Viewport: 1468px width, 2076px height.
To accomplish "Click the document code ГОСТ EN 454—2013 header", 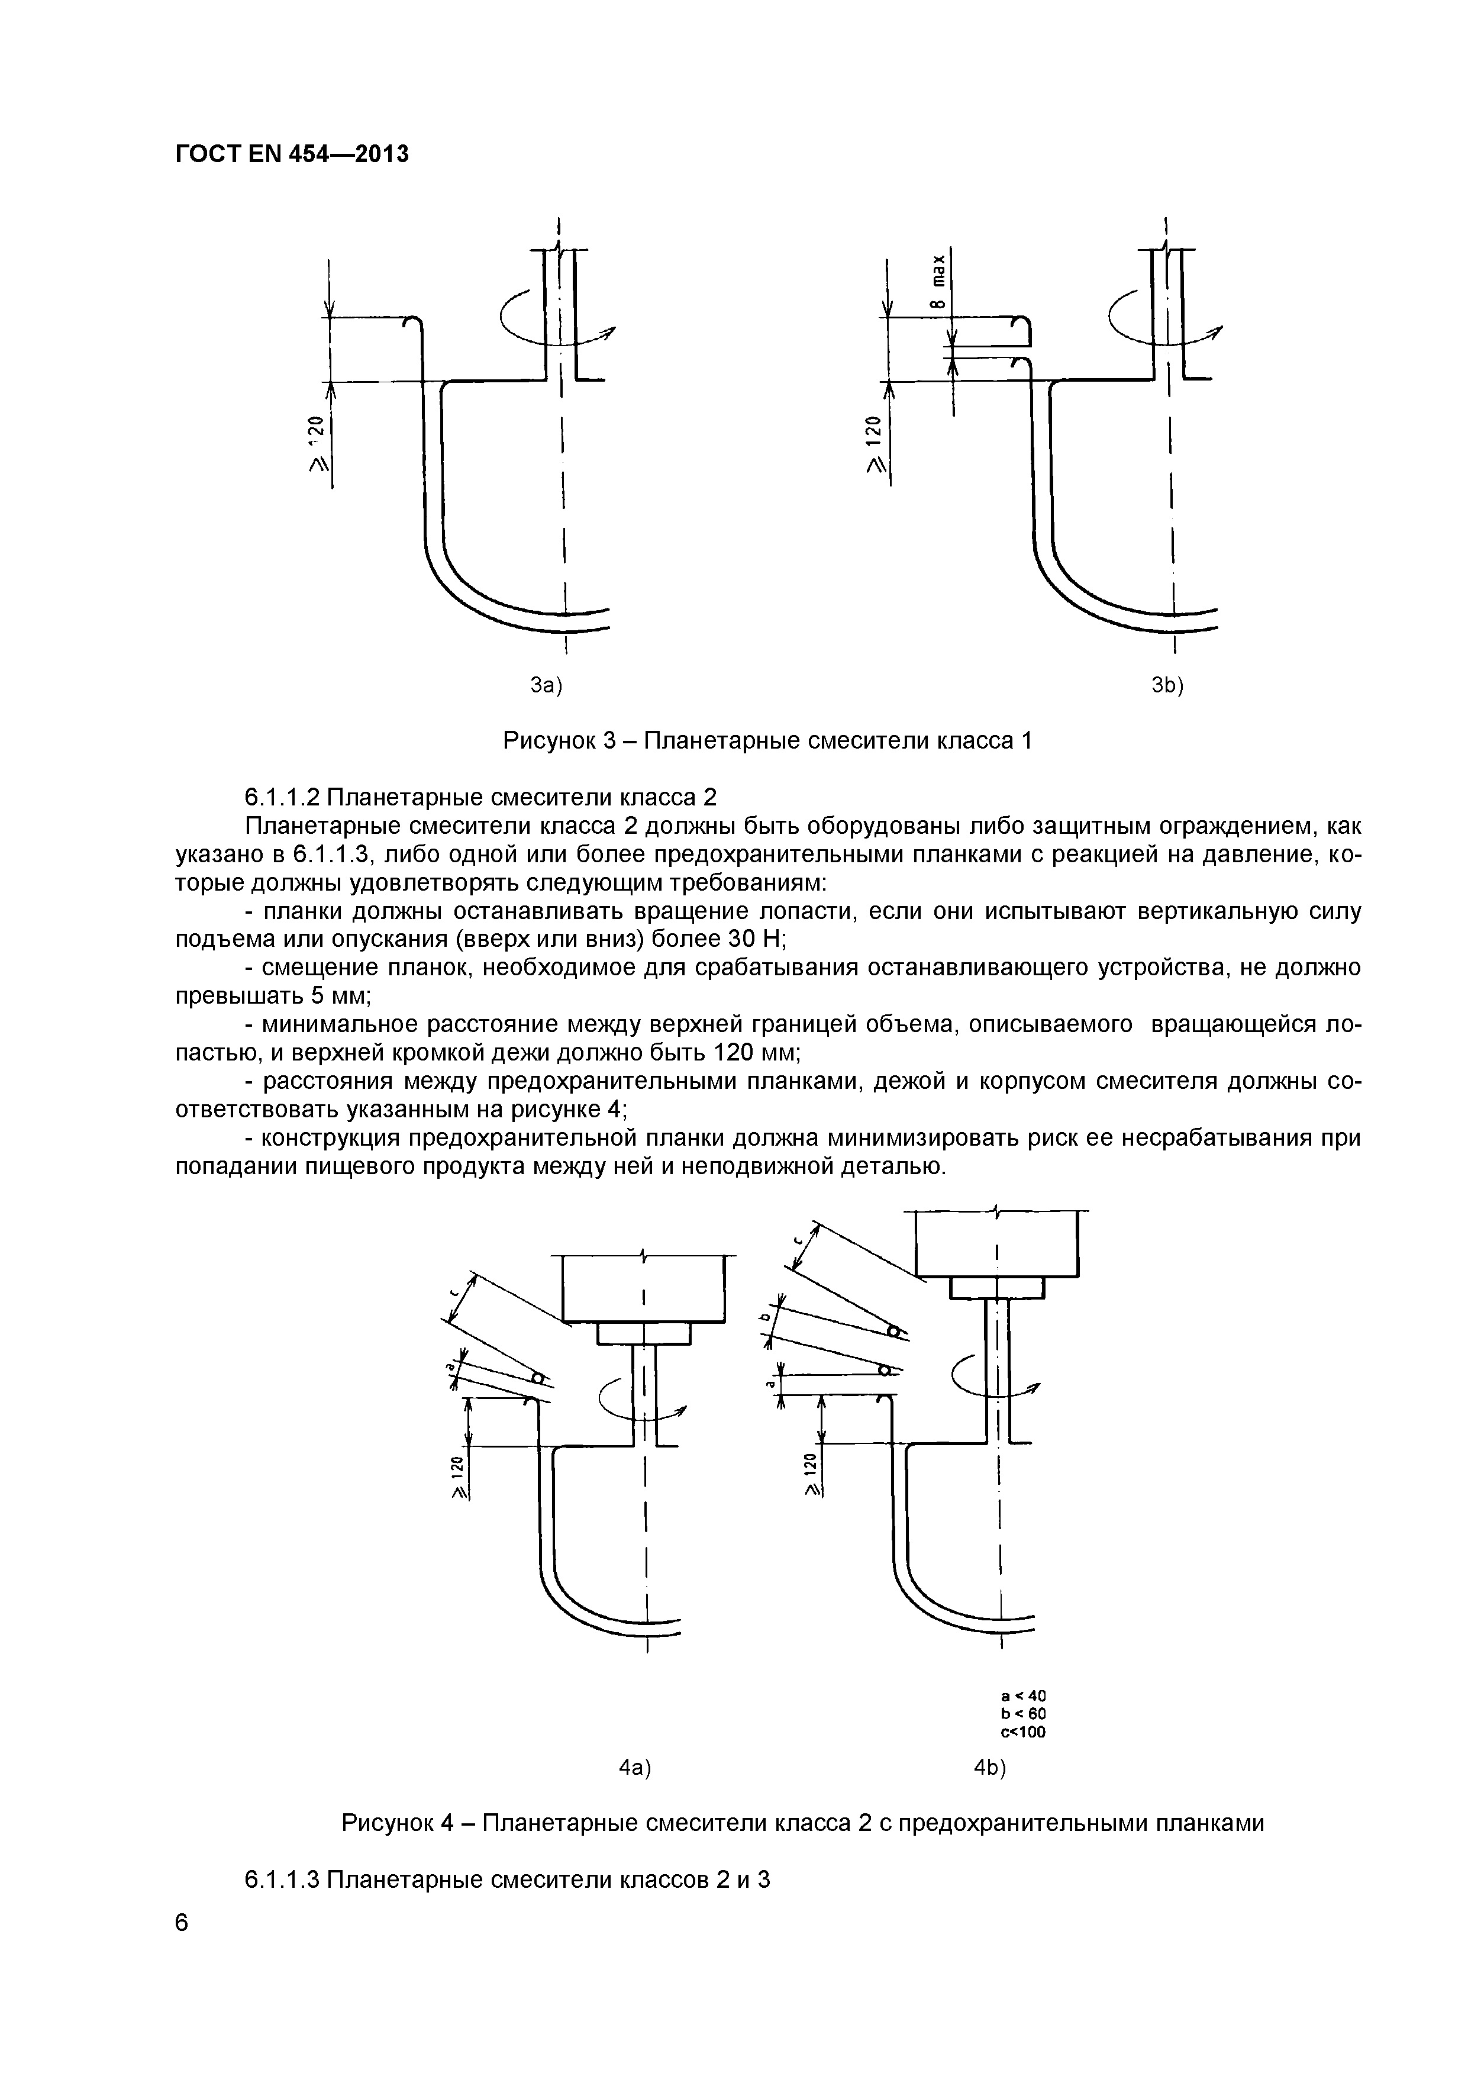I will pos(292,154).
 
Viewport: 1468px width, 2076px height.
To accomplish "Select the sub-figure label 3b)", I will pos(1167,686).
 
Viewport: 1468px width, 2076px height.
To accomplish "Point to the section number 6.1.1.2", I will pos(283,798).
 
